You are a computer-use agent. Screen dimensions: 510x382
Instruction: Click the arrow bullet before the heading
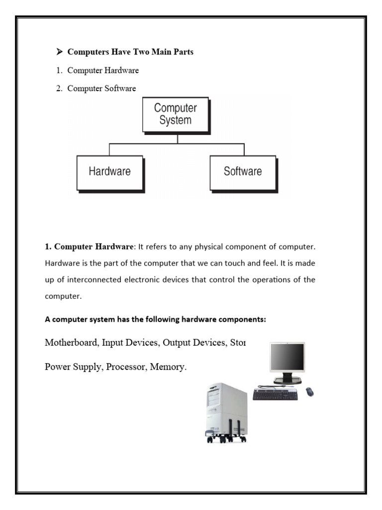[x=59, y=52]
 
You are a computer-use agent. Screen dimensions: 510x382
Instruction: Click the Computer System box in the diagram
[x=175, y=115]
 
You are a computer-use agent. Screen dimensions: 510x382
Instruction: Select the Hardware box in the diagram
[x=109, y=172]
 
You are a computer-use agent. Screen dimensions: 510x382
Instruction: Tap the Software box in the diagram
[x=242, y=172]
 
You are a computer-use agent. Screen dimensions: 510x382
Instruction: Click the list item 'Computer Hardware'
[x=103, y=70]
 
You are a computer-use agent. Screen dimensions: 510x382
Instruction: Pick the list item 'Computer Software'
[x=101, y=89]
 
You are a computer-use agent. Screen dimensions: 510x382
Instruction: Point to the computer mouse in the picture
[x=310, y=392]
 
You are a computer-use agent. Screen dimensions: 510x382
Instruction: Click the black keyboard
[x=275, y=394]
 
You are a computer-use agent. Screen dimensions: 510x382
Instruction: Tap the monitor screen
[x=287, y=358]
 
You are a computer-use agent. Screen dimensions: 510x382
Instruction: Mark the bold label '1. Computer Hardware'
[x=88, y=247]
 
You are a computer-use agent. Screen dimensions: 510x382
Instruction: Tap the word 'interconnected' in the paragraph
[x=93, y=279]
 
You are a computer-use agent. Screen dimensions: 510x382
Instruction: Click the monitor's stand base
[x=287, y=381]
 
